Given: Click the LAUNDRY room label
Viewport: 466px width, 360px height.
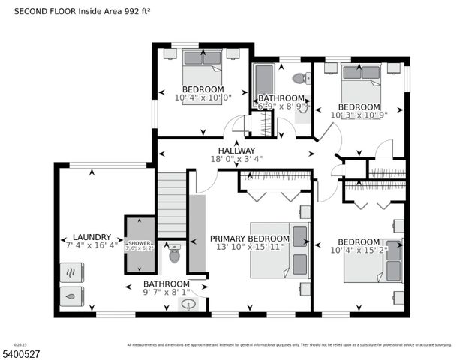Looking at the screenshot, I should point(86,235).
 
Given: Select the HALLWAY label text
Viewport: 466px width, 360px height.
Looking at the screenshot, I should point(236,148).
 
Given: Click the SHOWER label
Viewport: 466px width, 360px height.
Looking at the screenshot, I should point(139,243).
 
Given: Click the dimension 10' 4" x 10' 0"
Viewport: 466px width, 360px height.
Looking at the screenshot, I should point(203,97).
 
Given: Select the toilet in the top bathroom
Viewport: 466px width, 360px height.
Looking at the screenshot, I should point(300,78).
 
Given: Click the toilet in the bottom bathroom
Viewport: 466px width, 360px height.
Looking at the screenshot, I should point(176,256).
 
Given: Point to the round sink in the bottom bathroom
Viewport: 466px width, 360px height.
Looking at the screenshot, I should point(189,304).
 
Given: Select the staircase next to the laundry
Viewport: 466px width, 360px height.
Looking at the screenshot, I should point(171,204).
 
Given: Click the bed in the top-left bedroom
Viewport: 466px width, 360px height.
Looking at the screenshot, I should point(202,68).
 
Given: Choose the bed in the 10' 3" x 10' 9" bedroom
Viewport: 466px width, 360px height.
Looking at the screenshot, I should point(361,83).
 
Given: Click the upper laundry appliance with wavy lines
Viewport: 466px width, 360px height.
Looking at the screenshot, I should point(72,271).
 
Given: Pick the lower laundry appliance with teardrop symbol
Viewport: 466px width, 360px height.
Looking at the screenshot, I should point(72,296).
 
